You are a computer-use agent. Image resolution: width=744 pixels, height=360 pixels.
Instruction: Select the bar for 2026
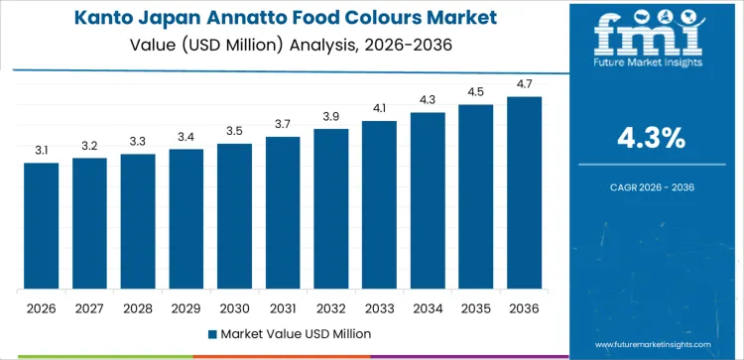(42, 226)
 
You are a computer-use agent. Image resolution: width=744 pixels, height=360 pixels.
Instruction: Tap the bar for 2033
(379, 205)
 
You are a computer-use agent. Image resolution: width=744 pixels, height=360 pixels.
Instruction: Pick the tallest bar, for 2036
(524, 193)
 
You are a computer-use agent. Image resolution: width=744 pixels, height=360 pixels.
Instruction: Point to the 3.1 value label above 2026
(42, 150)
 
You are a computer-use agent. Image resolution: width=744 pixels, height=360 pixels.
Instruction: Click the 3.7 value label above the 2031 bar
(283, 124)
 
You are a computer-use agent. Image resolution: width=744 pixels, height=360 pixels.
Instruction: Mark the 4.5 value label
(475, 93)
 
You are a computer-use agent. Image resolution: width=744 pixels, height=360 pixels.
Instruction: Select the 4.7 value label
(524, 85)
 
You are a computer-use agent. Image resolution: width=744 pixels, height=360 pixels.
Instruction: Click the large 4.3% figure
(652, 139)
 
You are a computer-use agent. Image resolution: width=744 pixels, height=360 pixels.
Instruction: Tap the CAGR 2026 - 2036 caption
(652, 186)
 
